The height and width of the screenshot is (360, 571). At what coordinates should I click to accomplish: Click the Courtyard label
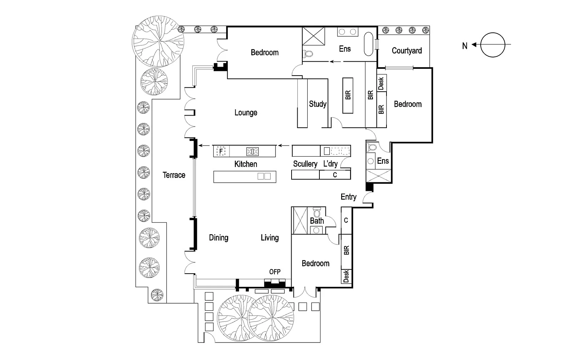(406, 51)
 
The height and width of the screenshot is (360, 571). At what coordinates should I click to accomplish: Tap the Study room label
(318, 104)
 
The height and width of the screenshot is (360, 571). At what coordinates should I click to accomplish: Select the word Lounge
(246, 113)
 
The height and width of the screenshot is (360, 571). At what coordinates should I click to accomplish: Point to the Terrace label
(174, 175)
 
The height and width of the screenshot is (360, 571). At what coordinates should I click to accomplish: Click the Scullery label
(305, 164)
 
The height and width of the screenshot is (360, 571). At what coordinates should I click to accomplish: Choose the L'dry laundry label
(330, 163)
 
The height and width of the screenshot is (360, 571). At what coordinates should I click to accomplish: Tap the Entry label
(348, 197)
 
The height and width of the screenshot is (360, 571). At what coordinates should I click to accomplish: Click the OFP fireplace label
(275, 272)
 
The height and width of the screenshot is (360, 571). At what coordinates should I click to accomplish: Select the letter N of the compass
(465, 46)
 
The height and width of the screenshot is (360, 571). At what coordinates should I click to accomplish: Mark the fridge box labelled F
(221, 151)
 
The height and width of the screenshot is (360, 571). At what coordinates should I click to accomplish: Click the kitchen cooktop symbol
(253, 151)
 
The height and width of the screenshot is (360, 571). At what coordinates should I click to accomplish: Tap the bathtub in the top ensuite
(368, 44)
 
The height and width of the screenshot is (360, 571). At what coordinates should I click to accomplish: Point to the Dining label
(218, 238)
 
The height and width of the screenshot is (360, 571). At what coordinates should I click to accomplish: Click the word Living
(270, 238)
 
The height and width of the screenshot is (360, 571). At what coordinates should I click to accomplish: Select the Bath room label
(317, 220)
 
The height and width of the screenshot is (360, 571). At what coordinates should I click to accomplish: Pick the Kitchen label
(246, 164)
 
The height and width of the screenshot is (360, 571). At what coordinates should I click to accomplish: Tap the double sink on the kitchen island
(264, 176)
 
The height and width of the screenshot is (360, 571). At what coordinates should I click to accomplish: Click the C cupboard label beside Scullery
(335, 175)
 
